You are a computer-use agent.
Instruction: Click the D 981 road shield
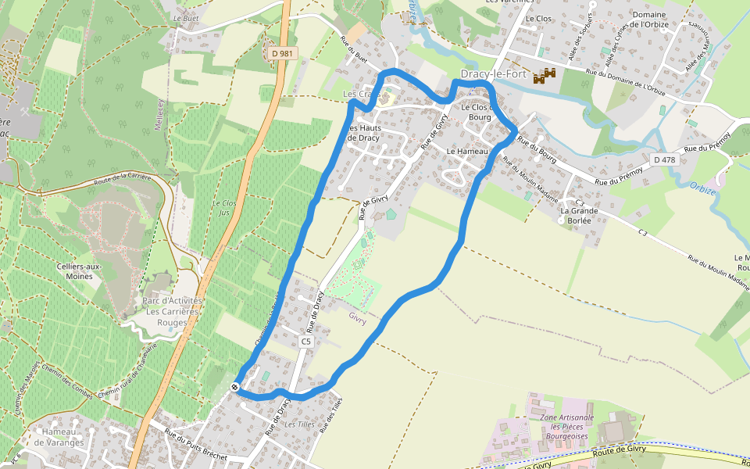[282, 53]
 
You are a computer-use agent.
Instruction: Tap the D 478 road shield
[664, 159]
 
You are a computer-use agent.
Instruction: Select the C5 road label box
[305, 342]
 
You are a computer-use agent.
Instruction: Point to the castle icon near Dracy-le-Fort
[545, 76]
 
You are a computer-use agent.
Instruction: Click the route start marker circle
[235, 386]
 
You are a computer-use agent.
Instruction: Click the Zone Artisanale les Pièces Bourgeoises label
[566, 426]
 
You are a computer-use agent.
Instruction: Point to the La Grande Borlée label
[580, 215]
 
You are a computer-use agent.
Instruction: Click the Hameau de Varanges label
[64, 437]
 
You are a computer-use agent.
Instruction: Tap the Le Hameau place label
[467, 151]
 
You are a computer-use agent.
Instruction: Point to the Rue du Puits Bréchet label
[195, 444]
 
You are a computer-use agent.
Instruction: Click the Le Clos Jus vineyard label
[224, 207]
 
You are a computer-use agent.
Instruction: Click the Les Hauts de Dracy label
[363, 133]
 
